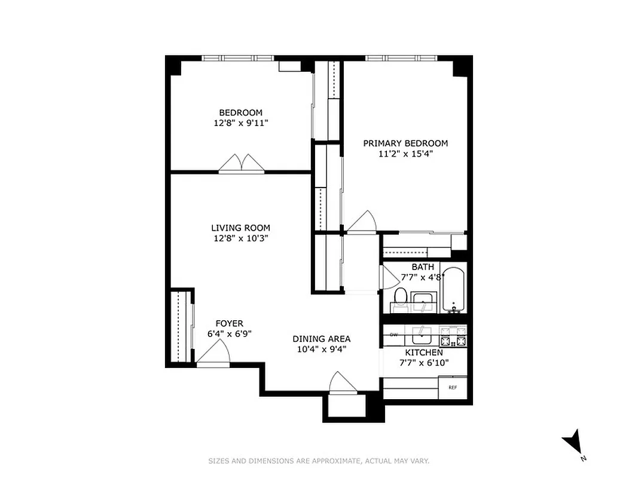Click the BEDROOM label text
(240, 112)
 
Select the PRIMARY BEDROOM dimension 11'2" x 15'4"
(405, 154)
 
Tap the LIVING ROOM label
(240, 228)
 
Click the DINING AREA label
(321, 339)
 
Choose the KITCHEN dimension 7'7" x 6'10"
(424, 363)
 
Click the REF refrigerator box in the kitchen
(452, 387)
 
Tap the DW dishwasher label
(394, 335)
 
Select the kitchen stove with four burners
(453, 336)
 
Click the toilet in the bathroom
(401, 297)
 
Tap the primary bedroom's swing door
(362, 222)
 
